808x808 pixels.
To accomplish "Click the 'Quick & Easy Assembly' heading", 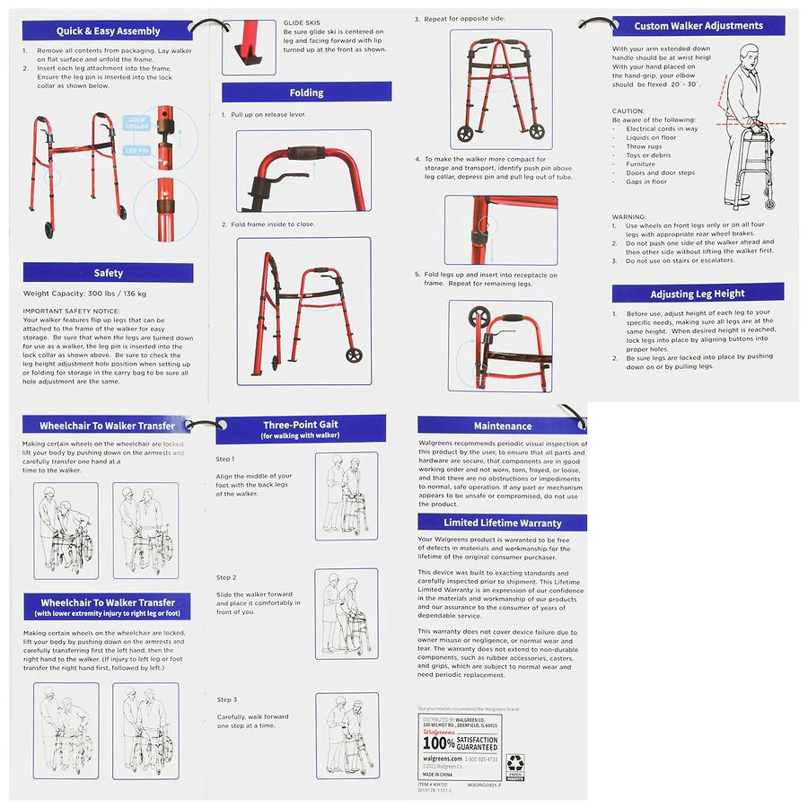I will click(x=107, y=31).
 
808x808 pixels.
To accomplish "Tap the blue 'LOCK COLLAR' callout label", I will click(x=136, y=123).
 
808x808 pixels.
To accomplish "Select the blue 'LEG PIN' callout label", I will click(x=136, y=150).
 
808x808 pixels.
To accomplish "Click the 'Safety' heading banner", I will click(x=108, y=273).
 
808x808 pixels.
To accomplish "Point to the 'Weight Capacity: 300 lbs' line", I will click(x=84, y=294).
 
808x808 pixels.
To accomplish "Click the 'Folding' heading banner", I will click(x=306, y=92).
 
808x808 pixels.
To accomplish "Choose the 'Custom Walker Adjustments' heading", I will click(x=698, y=26).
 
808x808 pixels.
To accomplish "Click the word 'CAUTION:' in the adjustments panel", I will click(x=628, y=110).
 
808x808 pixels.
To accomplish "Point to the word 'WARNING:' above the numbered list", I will click(x=629, y=216).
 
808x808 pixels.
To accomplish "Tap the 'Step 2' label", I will click(x=226, y=577).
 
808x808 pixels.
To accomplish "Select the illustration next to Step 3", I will click(x=346, y=734).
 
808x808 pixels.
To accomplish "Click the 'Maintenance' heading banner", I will click(x=502, y=426).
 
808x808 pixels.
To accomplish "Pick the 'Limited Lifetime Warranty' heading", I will click(x=502, y=523).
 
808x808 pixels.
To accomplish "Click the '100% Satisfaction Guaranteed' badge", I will click(x=461, y=742).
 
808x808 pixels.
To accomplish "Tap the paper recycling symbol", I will click(x=516, y=764).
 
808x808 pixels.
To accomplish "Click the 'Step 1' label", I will click(x=226, y=459).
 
